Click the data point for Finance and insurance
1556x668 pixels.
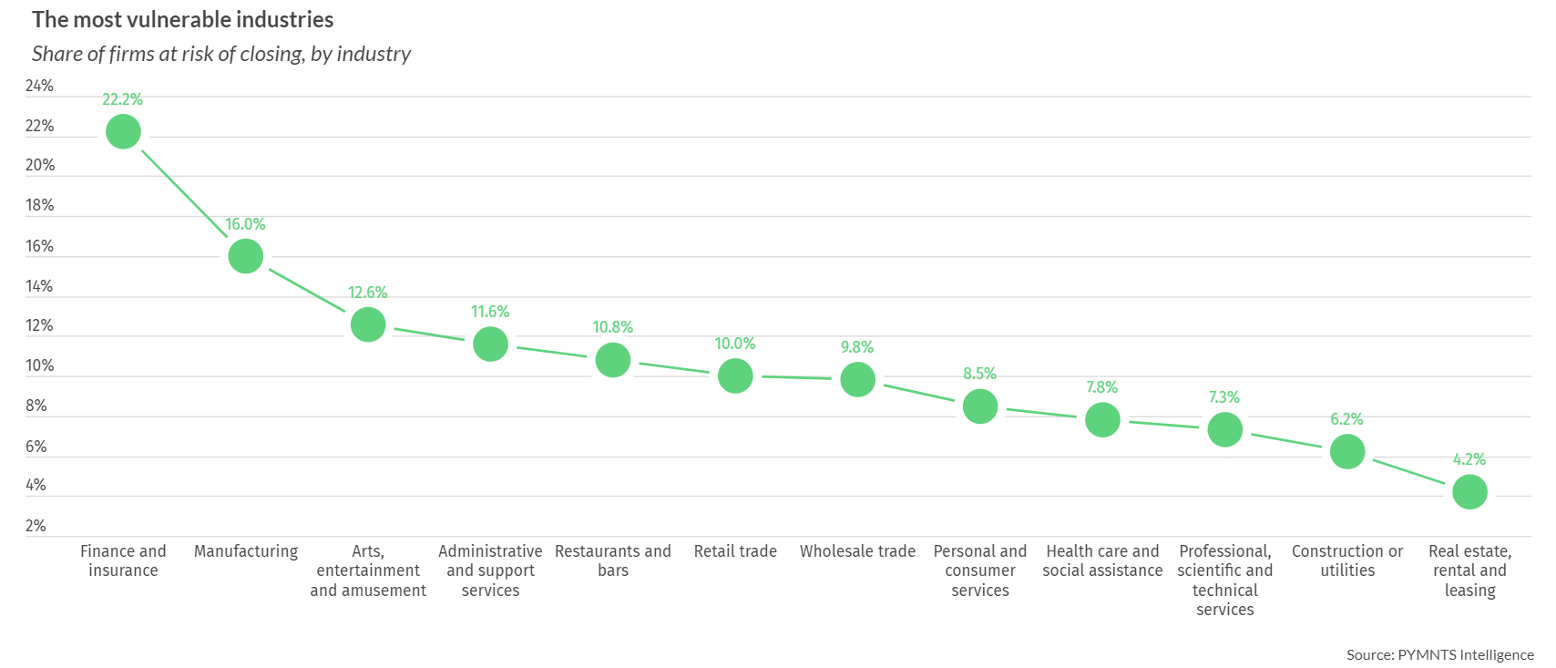tap(123, 132)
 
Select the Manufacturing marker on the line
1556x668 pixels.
tap(246, 256)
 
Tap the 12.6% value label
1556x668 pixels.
tap(368, 293)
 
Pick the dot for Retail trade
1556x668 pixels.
tap(735, 375)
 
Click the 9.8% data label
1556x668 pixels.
tap(857, 347)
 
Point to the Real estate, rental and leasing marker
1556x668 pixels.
tap(1469, 492)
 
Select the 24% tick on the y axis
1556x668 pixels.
tap(39, 86)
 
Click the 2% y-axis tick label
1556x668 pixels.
tap(36, 526)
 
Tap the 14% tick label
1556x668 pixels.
tap(39, 286)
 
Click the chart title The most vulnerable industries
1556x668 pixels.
tap(182, 20)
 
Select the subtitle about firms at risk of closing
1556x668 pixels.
tap(221, 54)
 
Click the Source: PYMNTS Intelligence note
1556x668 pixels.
tap(1439, 654)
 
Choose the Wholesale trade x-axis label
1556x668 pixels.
tap(857, 551)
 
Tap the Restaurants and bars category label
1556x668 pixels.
tap(613, 560)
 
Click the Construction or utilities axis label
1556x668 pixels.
tap(1347, 560)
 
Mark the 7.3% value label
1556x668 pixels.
tap(1224, 397)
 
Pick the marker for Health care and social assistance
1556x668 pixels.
tap(1102, 420)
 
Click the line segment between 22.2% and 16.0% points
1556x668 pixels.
tap(185, 194)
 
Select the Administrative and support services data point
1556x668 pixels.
tap(490, 344)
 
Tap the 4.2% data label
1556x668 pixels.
tap(1469, 459)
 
